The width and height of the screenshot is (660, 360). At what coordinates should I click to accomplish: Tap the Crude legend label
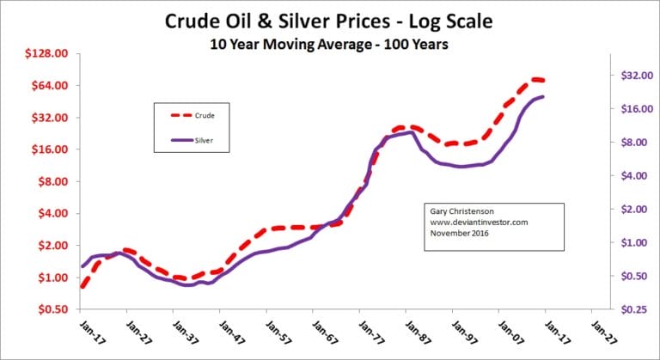point(204,115)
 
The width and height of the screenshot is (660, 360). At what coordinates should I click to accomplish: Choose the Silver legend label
point(204,138)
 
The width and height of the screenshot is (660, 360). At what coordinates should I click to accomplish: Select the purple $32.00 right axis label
point(633,76)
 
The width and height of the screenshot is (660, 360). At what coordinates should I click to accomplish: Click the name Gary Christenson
point(463,211)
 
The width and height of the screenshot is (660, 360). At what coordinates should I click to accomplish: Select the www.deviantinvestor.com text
point(478,222)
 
